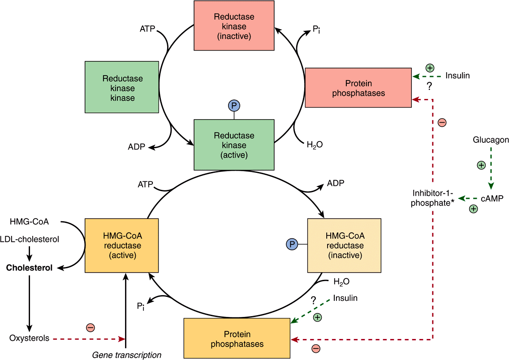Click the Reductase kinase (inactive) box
[x=234, y=26]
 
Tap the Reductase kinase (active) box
[x=234, y=145]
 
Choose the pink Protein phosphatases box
[x=358, y=88]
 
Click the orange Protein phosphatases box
[x=237, y=339]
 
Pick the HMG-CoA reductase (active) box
[x=122, y=245]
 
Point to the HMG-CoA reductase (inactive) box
[x=345, y=245]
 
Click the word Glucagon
[x=491, y=140]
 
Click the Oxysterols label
[x=30, y=338]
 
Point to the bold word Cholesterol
[x=29, y=268]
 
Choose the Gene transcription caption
[x=126, y=355]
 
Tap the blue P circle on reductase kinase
[x=234, y=106]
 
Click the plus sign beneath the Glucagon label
[x=481, y=165]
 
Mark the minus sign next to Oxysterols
[x=90, y=327]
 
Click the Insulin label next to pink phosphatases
[x=457, y=75]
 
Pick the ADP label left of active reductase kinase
[x=137, y=147]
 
